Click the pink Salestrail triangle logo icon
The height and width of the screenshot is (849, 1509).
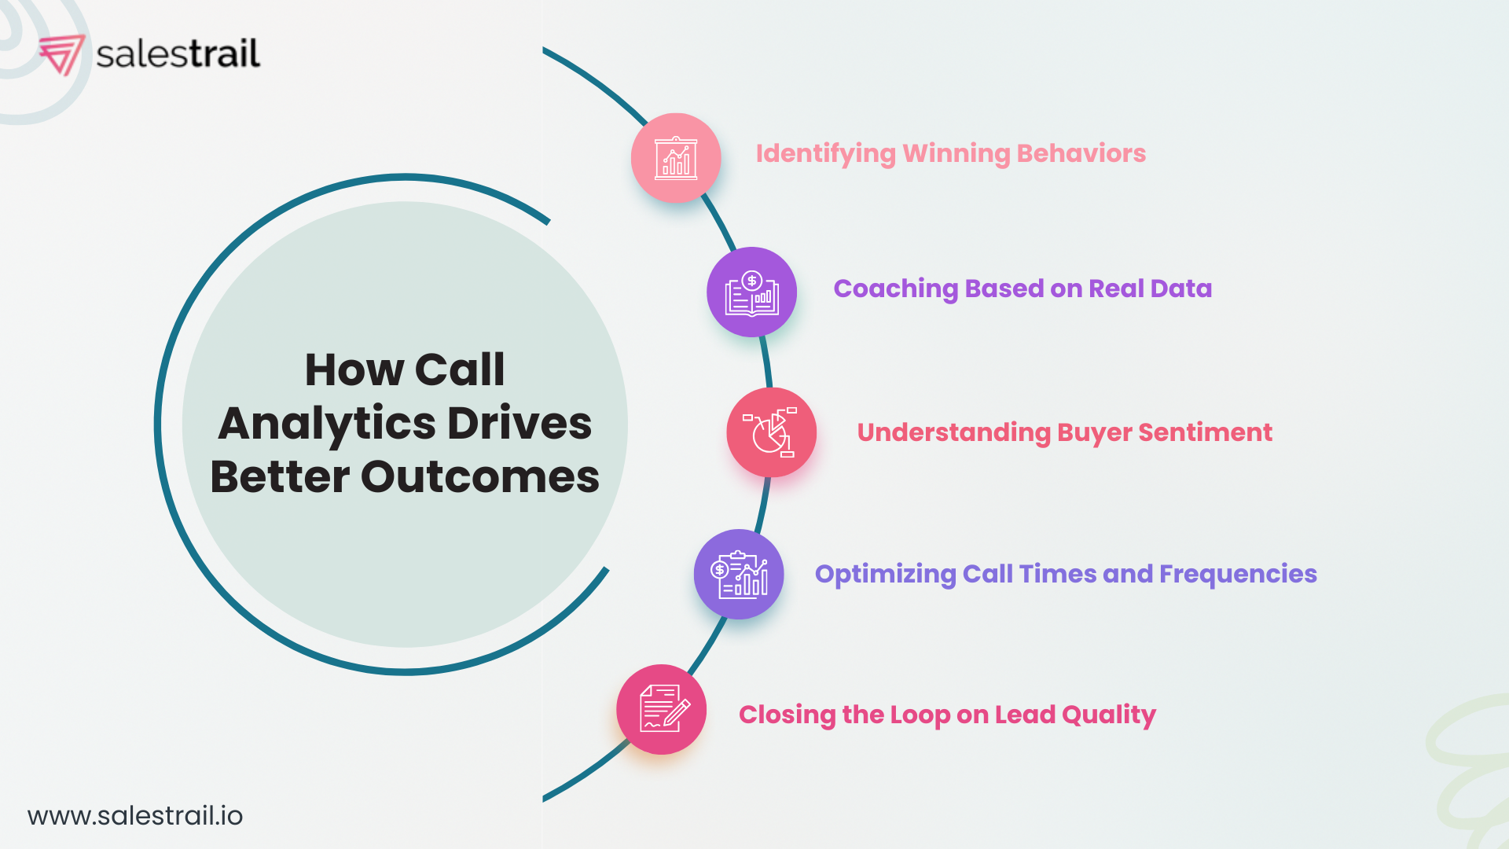[61, 54]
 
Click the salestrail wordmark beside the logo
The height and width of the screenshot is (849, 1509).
[178, 53]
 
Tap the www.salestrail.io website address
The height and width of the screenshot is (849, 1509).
[135, 816]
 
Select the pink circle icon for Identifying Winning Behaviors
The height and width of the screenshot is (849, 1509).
[676, 158]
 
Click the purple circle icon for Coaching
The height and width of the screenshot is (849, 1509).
[751, 292]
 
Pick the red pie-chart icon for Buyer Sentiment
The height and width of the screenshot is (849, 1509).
[771, 432]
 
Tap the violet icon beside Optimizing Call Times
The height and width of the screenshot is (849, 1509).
[739, 574]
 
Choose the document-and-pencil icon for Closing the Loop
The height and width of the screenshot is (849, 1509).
[662, 709]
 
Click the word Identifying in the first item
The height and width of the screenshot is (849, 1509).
[825, 154]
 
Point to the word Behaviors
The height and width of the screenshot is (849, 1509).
[1081, 153]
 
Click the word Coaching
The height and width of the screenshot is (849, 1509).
[895, 289]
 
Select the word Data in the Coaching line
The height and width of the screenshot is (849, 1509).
[1180, 289]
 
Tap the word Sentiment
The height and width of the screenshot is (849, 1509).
[1205, 432]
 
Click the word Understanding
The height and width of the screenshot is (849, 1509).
[953, 433]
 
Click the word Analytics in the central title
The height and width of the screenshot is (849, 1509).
[326, 424]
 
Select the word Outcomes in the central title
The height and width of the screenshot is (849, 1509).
[479, 477]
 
